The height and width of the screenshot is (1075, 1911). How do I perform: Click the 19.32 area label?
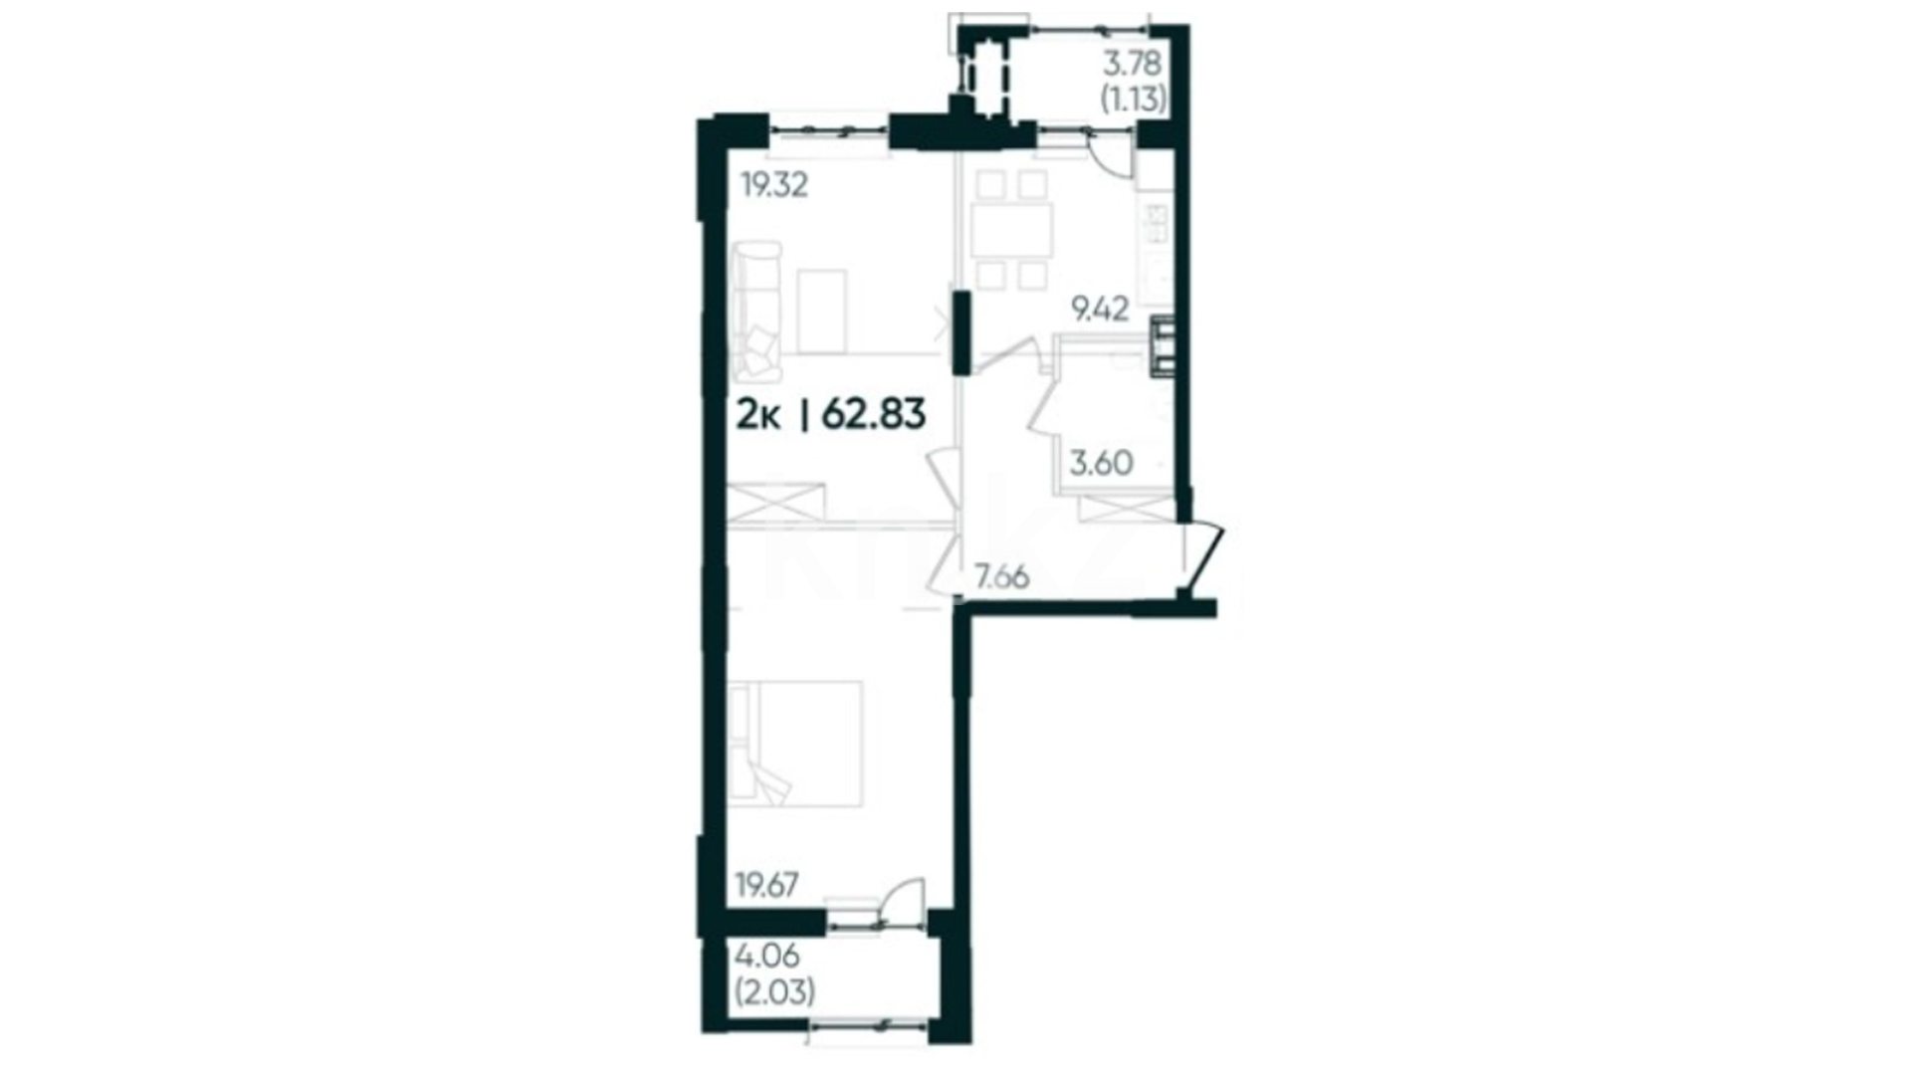click(x=774, y=185)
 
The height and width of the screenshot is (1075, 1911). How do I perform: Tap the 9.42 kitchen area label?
click(x=1099, y=310)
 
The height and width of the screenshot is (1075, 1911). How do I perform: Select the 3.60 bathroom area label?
click(x=1101, y=463)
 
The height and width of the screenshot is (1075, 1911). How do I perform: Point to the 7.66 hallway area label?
click(x=1001, y=576)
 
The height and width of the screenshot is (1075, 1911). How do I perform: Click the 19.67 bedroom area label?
click(x=766, y=884)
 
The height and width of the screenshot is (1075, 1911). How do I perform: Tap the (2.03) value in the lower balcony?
click(x=774, y=992)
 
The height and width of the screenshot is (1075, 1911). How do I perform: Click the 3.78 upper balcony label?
click(x=1132, y=64)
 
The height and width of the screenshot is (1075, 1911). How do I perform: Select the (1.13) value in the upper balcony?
click(x=1132, y=100)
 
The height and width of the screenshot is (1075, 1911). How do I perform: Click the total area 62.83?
click(x=874, y=413)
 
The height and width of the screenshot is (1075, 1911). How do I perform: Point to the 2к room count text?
click(x=757, y=413)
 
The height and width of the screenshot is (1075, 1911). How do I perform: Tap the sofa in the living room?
click(x=755, y=311)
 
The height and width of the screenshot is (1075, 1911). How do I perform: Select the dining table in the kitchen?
click(x=1012, y=231)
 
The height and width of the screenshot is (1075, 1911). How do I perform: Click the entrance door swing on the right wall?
click(x=1202, y=557)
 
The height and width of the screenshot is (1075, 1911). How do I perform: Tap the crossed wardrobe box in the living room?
click(x=775, y=502)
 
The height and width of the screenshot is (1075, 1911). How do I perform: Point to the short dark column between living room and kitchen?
click(x=961, y=332)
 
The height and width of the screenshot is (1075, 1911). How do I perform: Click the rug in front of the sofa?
click(x=821, y=311)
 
